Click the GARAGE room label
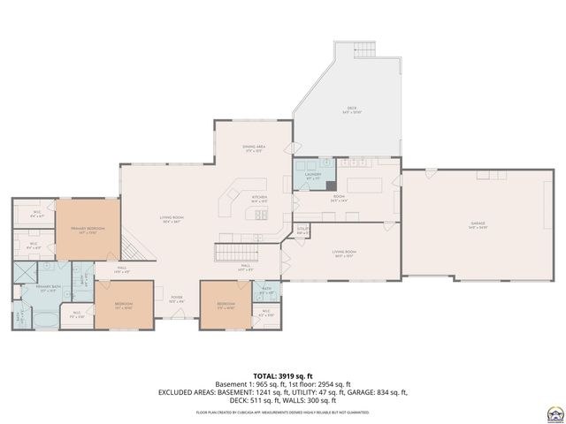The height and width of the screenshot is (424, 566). pyautogui.click(x=478, y=226)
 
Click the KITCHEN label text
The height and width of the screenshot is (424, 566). pyautogui.click(x=259, y=198)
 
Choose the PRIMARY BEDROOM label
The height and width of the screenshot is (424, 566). pyautogui.click(x=87, y=230)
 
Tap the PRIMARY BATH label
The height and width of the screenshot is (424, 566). pyautogui.click(x=48, y=288)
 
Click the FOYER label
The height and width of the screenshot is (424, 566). pyautogui.click(x=177, y=299)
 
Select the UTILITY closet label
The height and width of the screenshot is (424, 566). pyautogui.click(x=302, y=231)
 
